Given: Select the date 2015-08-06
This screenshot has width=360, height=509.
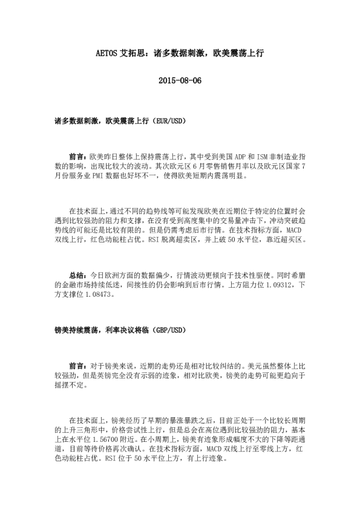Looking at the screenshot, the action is pyautogui.click(x=180, y=80).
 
